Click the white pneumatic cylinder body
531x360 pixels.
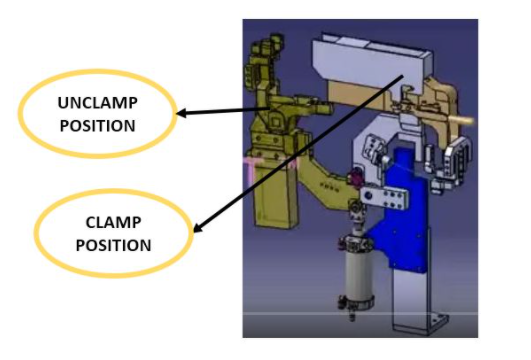[355, 265]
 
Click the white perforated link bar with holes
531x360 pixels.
[385, 195]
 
